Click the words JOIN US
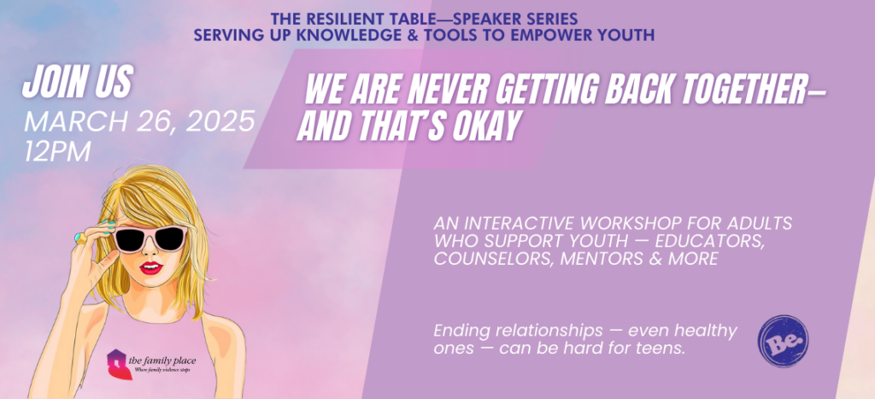tap(78, 83)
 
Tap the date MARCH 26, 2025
tap(139, 122)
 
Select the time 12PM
tap(57, 151)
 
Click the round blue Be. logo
tap(783, 341)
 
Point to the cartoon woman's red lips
tap(150, 268)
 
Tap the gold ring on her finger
tap(81, 238)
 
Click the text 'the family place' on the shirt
tap(162, 361)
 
